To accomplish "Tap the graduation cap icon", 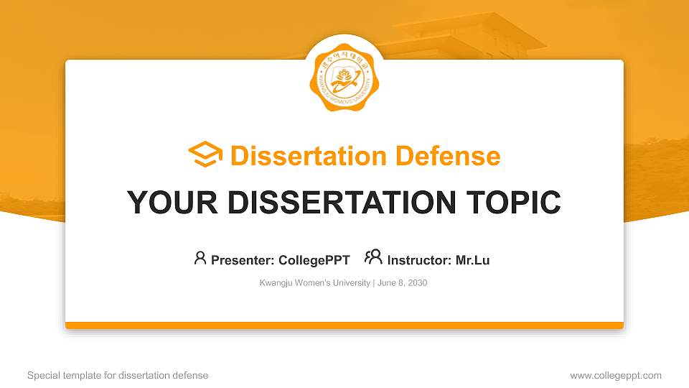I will pyautogui.click(x=205, y=155).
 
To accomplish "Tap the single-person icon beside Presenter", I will pyautogui.click(x=200, y=258).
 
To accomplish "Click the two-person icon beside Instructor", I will pyautogui.click(x=373, y=257).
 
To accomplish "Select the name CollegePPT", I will pyautogui.click(x=314, y=260).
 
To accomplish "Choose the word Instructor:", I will pyautogui.click(x=419, y=260).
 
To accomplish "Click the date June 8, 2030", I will pyautogui.click(x=402, y=283).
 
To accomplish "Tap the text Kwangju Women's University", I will pyautogui.click(x=314, y=283).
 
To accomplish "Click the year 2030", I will pyautogui.click(x=417, y=283).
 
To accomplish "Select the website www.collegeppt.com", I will pyautogui.click(x=616, y=375).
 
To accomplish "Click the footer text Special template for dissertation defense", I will pyautogui.click(x=118, y=375).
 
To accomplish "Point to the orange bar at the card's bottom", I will pyautogui.click(x=344, y=325).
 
